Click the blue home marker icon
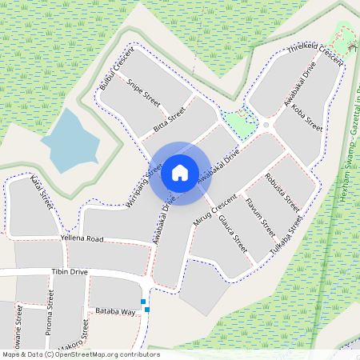click(x=180, y=172)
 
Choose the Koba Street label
click(x=307, y=117)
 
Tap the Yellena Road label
click(x=82, y=238)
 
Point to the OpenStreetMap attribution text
click(x=81, y=354)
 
